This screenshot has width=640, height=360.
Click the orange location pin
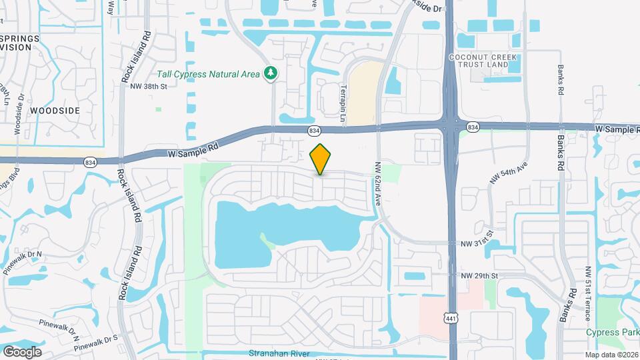[x=321, y=159]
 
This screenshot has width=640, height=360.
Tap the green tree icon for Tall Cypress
[x=271, y=73]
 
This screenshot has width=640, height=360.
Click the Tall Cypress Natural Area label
[x=208, y=74]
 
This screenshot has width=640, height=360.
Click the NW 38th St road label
[x=148, y=86]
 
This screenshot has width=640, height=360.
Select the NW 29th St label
[x=479, y=275]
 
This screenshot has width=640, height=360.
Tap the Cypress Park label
[x=612, y=333]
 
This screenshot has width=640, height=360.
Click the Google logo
[x=22, y=351]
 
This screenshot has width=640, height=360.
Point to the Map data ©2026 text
[x=611, y=354]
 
